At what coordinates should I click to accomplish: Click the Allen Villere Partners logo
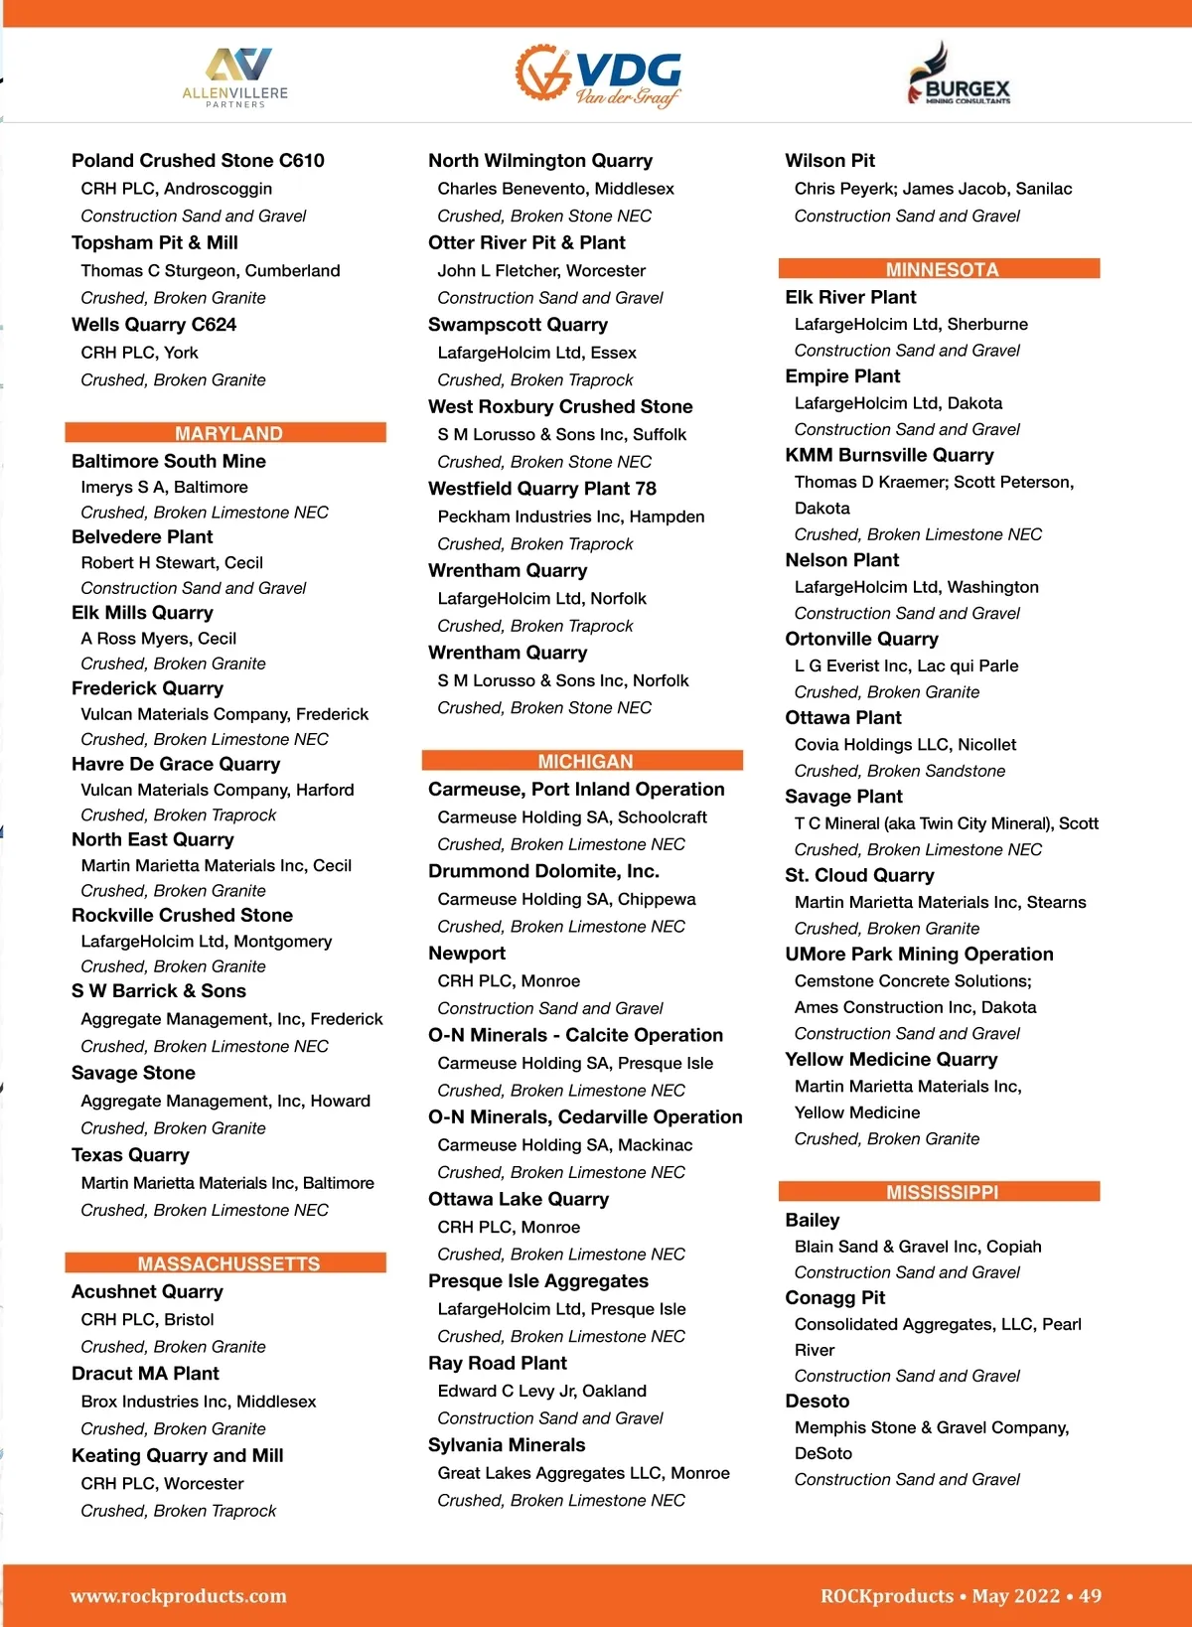click(235, 77)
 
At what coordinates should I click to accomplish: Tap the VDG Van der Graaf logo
click(599, 75)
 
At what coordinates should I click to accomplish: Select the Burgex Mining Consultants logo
click(959, 76)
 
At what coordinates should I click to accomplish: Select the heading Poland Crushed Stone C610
click(198, 161)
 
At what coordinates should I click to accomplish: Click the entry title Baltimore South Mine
click(169, 461)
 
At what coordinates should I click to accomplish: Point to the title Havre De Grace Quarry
click(176, 764)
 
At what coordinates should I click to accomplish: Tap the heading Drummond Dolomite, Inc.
click(543, 871)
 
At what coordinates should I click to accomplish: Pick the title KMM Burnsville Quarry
click(889, 455)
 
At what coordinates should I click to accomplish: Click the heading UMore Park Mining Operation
click(919, 954)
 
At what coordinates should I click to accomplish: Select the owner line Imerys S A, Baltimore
click(164, 487)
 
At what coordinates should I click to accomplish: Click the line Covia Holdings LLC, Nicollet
click(905, 744)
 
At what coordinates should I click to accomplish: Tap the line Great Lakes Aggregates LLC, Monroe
click(583, 1473)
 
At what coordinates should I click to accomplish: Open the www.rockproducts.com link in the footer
click(179, 1596)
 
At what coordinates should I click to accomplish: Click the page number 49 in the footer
click(1090, 1596)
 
